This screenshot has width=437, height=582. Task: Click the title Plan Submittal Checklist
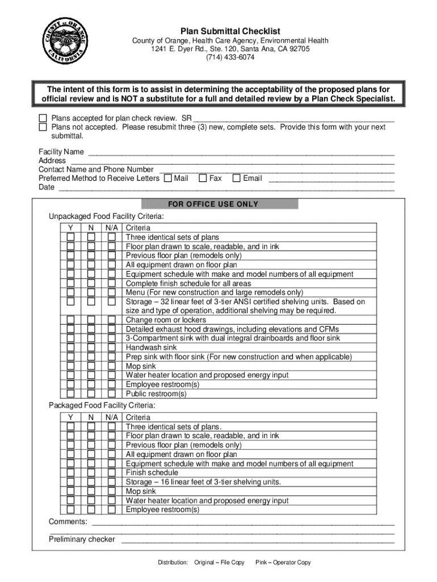point(222,31)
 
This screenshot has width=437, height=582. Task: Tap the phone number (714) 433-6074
point(222,57)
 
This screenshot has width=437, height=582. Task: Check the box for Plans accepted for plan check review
point(43,118)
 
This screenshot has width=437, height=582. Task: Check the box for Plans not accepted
point(43,127)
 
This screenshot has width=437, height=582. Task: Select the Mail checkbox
point(167,178)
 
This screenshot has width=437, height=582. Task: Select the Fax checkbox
point(203,178)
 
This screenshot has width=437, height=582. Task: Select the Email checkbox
point(237,178)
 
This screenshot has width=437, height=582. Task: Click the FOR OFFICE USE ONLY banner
point(220,204)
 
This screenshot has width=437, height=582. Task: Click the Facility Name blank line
point(241,152)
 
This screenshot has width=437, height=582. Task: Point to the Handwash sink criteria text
point(151,347)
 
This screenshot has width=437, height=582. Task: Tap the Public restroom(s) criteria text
point(156,393)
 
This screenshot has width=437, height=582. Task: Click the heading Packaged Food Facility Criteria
point(102,405)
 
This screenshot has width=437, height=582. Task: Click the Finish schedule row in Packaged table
point(152,472)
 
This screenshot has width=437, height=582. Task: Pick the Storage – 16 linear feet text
point(203,482)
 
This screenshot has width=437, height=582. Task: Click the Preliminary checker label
point(82,539)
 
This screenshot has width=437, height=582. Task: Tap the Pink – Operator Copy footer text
point(283,562)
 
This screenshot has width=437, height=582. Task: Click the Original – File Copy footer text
point(219,562)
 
